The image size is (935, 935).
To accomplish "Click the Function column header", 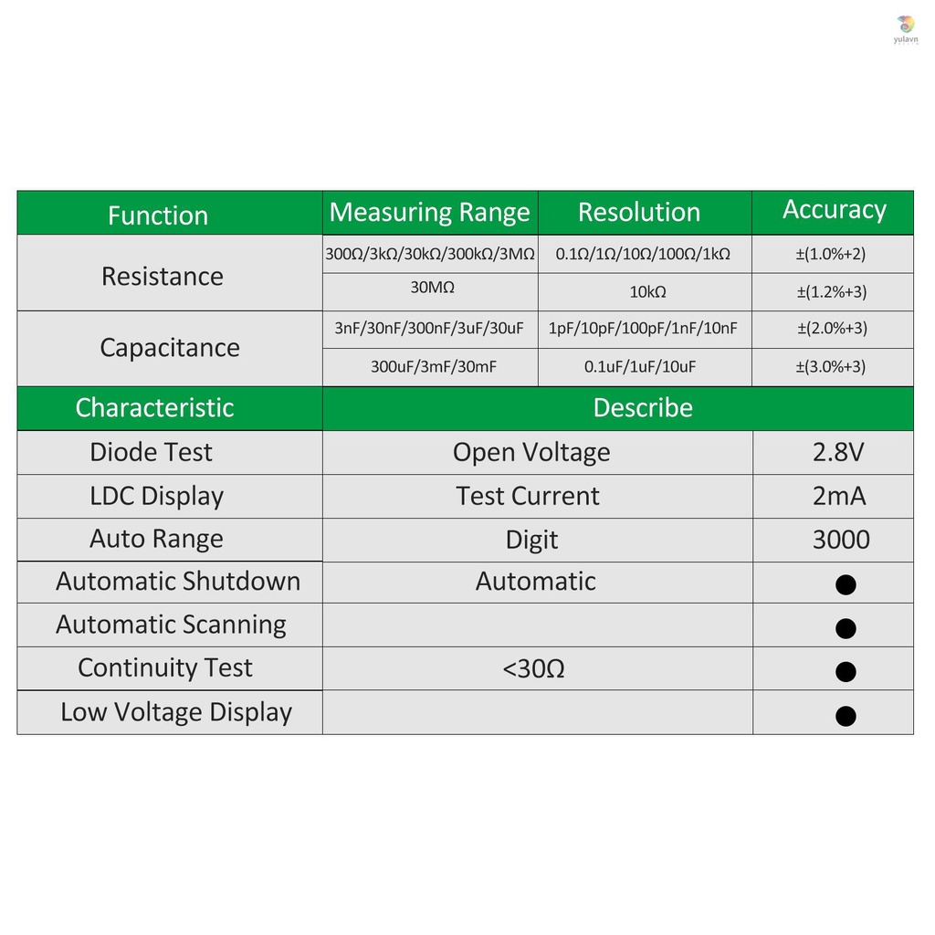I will point(158,215).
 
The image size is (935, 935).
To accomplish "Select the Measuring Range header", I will point(429,213).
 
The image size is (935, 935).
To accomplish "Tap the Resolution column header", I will point(639,213).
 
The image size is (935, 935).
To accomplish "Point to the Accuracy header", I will point(835,210).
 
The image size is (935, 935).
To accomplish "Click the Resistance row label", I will point(163,276).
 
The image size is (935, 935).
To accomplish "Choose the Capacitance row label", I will point(170,348).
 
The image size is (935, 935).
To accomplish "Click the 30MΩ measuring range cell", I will point(432,288).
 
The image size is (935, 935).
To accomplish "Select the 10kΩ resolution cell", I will point(647,292).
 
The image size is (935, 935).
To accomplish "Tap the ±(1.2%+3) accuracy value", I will point(831,292).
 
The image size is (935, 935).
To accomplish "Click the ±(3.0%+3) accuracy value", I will point(831,367).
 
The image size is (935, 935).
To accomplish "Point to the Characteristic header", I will point(154,407).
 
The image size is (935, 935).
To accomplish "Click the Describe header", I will point(643,407).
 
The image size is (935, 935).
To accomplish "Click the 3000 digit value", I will point(841,540).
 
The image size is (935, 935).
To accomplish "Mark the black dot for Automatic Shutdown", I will point(846,584).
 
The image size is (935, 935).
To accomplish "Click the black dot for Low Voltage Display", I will point(846,716).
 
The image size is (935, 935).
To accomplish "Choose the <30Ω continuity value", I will point(534,669).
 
